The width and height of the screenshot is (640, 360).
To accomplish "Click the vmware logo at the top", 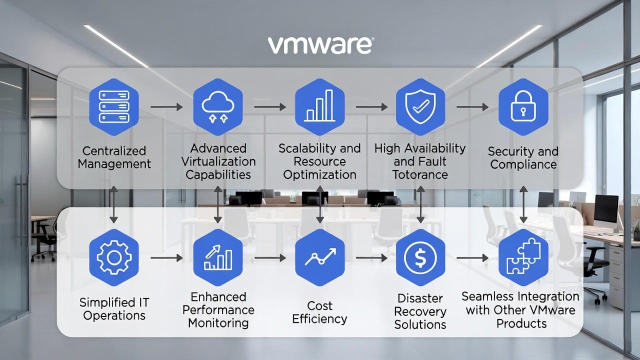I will [320, 45].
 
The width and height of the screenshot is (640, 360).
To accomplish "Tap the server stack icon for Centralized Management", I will [114, 107].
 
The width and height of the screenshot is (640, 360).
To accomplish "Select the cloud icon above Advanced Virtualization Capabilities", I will [217, 107].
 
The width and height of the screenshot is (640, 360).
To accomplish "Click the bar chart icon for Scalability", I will [319, 107].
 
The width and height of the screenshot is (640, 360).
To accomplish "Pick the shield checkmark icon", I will [420, 107].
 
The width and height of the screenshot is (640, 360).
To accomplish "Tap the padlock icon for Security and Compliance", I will [523, 107].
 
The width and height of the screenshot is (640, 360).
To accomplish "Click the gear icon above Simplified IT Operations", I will [114, 258].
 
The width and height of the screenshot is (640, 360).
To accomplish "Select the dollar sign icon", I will [420, 258].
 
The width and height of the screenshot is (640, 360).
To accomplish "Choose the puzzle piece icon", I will [523, 258].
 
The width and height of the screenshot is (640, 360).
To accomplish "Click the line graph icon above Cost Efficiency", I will [319, 258].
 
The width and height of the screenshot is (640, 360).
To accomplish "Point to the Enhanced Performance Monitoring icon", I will [217, 258].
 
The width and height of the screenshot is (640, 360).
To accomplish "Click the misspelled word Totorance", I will [420, 174].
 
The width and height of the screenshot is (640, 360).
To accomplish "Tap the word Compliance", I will [523, 164].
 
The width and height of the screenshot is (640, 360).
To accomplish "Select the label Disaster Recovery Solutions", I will [420, 311].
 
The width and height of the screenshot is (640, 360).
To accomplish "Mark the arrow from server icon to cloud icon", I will [165, 107].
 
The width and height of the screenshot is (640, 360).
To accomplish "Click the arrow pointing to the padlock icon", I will [472, 107].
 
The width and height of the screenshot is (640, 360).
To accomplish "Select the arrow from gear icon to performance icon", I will [165, 258].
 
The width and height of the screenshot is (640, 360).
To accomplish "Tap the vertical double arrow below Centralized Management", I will [113, 204].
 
